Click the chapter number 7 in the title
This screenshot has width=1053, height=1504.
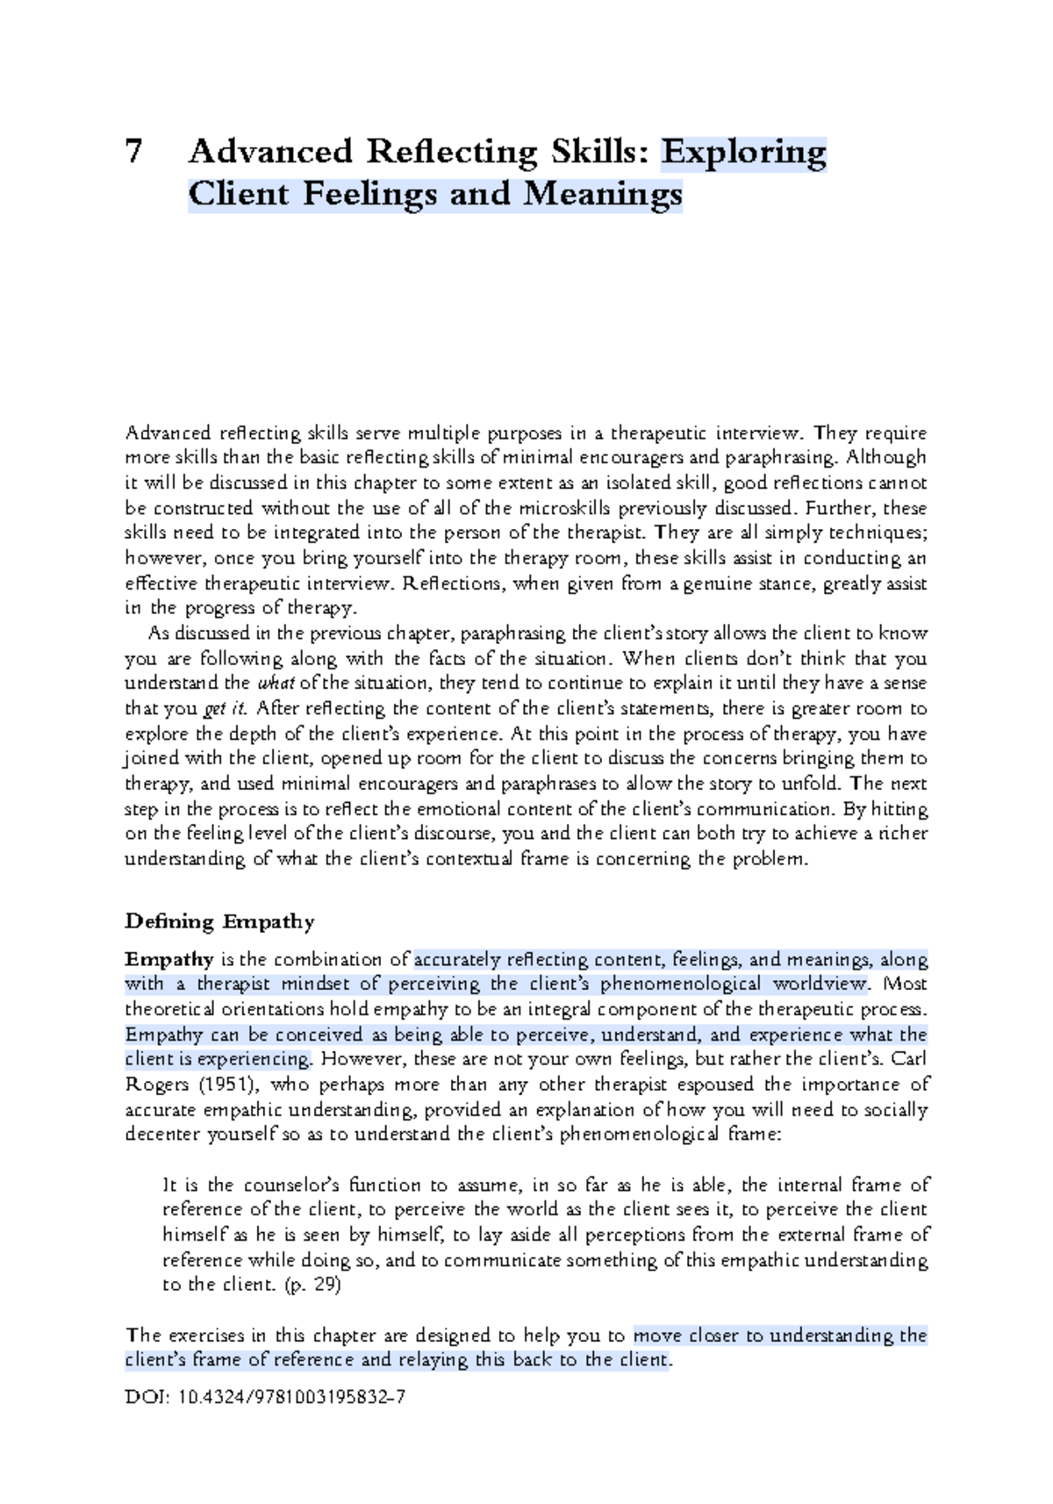pos(133,153)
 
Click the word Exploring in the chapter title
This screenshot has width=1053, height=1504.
pos(743,153)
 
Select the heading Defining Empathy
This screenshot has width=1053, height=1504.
pos(219,921)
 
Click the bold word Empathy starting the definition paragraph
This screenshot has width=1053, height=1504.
pos(169,959)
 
